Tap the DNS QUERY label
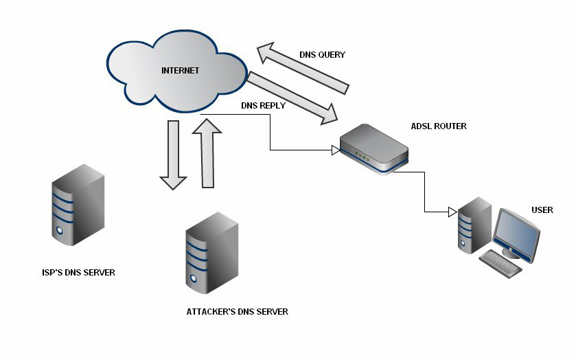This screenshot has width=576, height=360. [x=322, y=54]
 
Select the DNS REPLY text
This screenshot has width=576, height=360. [x=263, y=106]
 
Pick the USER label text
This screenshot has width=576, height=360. [x=542, y=210]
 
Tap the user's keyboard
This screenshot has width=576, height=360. [x=500, y=263]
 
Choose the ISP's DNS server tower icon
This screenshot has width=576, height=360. [x=78, y=207]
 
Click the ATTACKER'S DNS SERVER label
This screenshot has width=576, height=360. [x=237, y=312]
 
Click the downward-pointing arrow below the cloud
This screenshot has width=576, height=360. [x=173, y=154]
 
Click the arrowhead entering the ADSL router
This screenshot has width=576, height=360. [x=336, y=149]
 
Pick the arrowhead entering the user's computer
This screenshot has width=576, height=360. [x=452, y=212]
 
